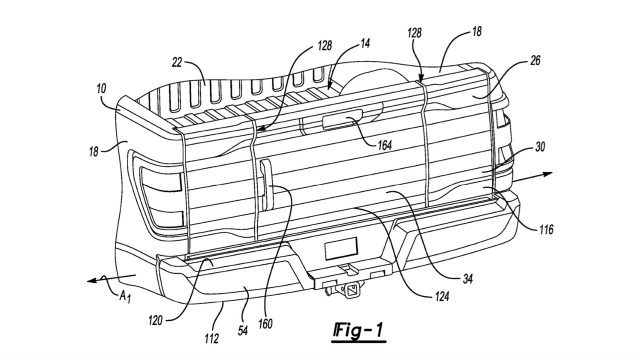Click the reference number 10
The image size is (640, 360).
(102, 88)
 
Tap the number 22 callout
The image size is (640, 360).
(177, 63)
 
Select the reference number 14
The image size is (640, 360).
(365, 43)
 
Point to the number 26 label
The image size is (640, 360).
(535, 61)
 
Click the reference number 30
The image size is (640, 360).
(540, 147)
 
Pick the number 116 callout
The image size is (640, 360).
(546, 229)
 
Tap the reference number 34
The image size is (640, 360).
(468, 278)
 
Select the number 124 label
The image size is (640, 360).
(442, 296)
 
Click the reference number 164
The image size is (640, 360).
(384, 145)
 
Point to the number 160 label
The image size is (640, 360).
(265, 324)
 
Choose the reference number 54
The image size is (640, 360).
(243, 331)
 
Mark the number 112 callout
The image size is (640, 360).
(211, 338)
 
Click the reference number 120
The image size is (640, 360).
(156, 321)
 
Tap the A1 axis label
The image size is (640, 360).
(125, 296)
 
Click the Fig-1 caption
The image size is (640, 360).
(358, 330)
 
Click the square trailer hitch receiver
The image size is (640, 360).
(352, 290)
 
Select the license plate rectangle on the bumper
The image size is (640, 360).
(341, 249)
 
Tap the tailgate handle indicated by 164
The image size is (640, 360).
(342, 121)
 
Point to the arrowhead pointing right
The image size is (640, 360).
(547, 174)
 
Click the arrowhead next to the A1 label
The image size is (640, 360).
(93, 280)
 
